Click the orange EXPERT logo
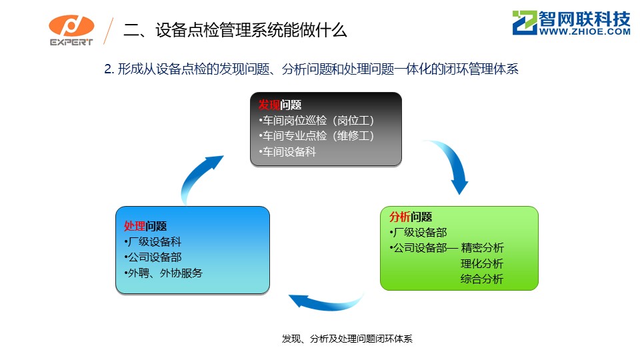point(71,30)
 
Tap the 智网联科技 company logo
point(571,23)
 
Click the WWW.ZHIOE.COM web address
point(585,31)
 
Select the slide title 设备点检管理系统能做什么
point(251,30)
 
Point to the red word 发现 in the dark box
point(269,105)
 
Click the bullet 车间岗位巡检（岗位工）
point(316,121)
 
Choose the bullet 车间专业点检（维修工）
point(316,136)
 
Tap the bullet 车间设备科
point(287,152)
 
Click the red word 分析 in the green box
point(399,217)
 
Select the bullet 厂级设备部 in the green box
point(419,233)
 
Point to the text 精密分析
point(482,248)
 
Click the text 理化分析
point(482,264)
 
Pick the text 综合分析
point(482,279)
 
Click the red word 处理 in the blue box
point(135,226)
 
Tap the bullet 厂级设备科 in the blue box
point(153,241)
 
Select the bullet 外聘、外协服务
point(163,273)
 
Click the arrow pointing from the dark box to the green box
point(456,160)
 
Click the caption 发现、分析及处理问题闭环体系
point(347,339)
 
